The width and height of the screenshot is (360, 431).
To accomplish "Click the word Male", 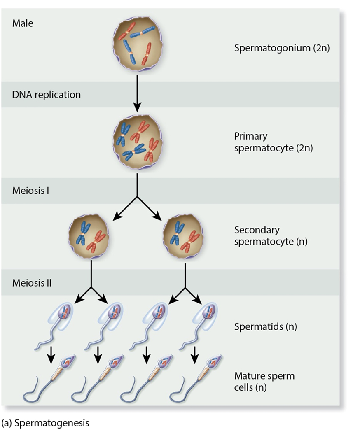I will [23, 23].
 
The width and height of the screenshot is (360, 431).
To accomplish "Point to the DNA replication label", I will [46, 95].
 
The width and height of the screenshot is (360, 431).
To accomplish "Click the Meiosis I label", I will [31, 191].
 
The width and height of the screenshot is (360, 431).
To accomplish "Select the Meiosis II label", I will [32, 283].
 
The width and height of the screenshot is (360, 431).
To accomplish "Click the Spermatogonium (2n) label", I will [282, 48].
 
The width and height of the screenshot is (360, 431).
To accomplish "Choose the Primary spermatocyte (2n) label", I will [273, 142].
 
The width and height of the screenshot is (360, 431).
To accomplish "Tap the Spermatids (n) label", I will [265, 327].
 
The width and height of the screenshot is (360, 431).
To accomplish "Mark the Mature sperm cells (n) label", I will [264, 381].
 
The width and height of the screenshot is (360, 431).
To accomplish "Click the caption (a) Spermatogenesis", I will [45, 422].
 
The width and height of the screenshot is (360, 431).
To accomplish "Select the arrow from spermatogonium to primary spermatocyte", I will [137, 92].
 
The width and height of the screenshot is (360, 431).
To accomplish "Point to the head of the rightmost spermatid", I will [211, 312].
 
